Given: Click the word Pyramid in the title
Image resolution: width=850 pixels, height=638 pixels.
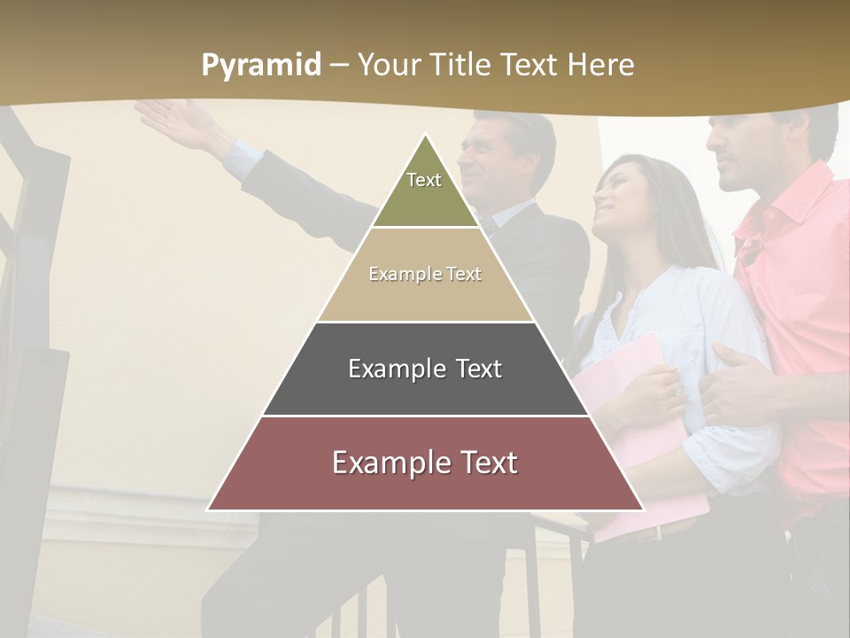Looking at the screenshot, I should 260,66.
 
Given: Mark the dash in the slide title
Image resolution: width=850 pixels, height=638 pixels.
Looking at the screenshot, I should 339,66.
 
